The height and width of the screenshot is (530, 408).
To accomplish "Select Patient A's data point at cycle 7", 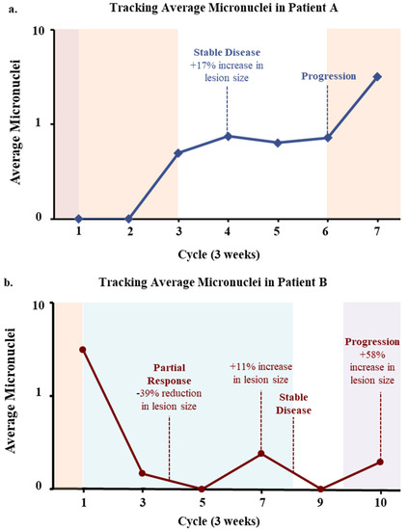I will tap(377, 76).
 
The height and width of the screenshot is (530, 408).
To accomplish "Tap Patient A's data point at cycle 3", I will tap(178, 152).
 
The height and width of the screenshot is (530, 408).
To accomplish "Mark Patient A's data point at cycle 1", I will tap(78, 218).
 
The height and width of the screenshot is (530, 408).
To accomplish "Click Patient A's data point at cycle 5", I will tap(278, 143).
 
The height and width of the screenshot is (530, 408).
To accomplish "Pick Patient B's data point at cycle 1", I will tap(84, 350).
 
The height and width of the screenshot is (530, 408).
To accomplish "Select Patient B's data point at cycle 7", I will tap(261, 453).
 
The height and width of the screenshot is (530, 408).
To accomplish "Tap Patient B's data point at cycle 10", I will tap(380, 462).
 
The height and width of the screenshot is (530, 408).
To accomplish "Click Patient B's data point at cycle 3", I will tap(143, 473).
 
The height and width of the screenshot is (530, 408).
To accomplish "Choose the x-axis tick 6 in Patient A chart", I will tap(327, 234).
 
